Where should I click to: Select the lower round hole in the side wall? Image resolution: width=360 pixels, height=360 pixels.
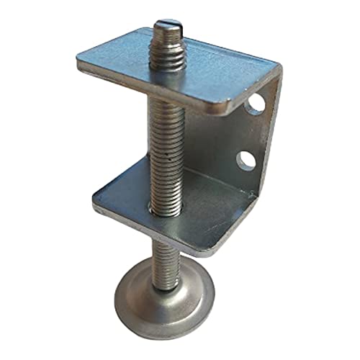pyautogui.click(x=247, y=158)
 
